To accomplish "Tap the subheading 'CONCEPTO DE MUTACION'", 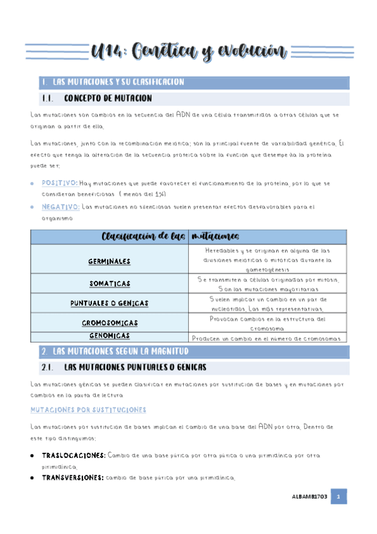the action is coord(108,99).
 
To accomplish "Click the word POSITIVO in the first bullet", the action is coord(60,183).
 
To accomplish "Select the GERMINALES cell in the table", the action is coord(110,260).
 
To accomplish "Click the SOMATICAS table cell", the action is coord(110,285).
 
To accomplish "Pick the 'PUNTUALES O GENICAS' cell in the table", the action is coord(110,303).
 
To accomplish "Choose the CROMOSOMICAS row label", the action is coord(110,322).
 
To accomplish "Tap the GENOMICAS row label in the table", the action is coord(110,336).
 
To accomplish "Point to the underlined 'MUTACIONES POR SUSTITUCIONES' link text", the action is coord(88,410).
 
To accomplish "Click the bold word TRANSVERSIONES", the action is coord(72,478).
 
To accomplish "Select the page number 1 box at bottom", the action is coord(338,497).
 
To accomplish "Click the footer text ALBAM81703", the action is coord(310,497).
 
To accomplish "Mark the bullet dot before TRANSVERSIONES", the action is coord(33,478).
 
